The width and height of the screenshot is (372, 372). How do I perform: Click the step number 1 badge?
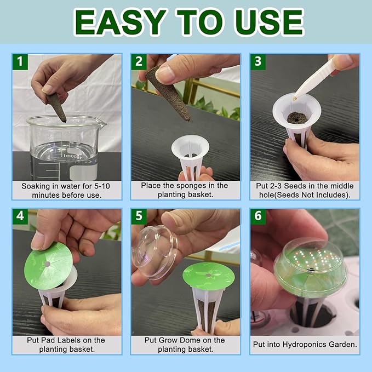(x=21, y=61)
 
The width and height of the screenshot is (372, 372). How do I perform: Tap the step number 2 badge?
(x=140, y=61)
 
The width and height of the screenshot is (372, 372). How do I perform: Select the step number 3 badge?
(x=258, y=61)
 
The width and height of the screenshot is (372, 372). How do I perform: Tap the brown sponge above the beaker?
(x=56, y=106)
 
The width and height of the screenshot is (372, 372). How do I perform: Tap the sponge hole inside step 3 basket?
(x=296, y=117)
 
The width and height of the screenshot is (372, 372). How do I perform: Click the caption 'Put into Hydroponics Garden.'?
(x=305, y=345)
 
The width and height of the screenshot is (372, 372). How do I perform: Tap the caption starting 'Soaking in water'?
(x=67, y=190)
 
